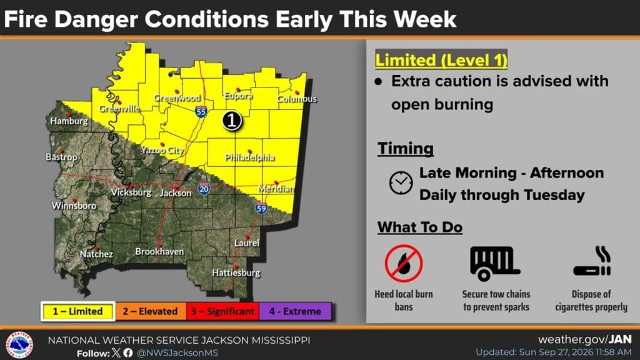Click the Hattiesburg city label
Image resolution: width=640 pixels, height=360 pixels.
[x=236, y=272]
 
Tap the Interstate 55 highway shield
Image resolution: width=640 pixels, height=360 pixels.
[x=201, y=112]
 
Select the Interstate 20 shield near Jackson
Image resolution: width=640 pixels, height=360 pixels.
[x=204, y=189]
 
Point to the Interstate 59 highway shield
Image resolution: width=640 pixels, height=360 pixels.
[x=261, y=208]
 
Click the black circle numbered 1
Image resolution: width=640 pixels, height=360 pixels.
[x=232, y=121]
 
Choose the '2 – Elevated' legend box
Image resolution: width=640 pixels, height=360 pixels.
[x=151, y=311]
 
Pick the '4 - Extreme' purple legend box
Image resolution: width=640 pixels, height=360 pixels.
[x=295, y=311]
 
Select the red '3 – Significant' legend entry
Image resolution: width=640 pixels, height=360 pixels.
[x=223, y=311]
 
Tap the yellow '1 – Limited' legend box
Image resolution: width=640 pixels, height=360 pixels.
[x=77, y=311]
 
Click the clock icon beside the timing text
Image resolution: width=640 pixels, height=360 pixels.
[x=401, y=182]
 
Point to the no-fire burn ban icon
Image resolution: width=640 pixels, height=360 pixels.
[x=404, y=263]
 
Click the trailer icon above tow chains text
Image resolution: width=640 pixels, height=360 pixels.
[x=495, y=263]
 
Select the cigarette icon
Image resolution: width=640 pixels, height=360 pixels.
[x=592, y=262]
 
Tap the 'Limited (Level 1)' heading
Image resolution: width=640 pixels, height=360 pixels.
[x=441, y=60]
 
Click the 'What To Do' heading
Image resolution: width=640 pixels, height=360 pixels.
[x=420, y=227]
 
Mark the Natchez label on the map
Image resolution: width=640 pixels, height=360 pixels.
[x=96, y=254]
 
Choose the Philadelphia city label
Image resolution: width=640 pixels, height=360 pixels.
[x=250, y=157]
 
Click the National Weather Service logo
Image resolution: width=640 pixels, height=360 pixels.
[x=19, y=345]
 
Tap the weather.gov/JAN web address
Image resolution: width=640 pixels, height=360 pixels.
[x=585, y=339]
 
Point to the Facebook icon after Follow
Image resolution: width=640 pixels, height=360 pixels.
[x=128, y=352]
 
